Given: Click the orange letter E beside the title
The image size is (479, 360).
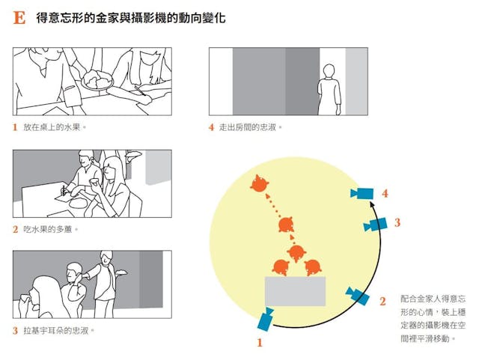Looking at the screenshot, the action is (x=19, y=18).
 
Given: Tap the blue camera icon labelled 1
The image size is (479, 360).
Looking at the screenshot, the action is (x=265, y=320).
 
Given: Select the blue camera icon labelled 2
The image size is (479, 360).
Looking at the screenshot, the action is (x=357, y=296).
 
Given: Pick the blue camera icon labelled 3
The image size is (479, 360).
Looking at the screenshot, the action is (x=376, y=225).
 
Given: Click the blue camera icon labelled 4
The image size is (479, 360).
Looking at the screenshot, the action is (x=362, y=193).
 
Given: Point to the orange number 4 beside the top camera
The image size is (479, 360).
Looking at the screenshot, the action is (x=385, y=193).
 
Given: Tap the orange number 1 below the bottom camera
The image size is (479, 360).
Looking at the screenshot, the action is (x=260, y=343).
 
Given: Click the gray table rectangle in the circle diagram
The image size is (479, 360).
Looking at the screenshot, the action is (x=295, y=292).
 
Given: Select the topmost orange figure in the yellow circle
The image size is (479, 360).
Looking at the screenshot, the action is (x=260, y=183).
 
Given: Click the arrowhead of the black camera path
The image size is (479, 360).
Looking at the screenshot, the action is (x=372, y=204).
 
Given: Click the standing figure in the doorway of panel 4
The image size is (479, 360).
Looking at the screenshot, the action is (x=329, y=90).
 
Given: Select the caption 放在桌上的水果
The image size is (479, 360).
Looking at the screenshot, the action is (x=52, y=127).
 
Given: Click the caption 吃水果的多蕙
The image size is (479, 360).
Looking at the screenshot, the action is (x=48, y=229).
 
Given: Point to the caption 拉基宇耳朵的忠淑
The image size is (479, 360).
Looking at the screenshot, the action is (x=56, y=331).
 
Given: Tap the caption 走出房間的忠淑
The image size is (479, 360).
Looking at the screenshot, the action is (x=247, y=127).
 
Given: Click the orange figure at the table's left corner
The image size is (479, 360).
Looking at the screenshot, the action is (x=281, y=267).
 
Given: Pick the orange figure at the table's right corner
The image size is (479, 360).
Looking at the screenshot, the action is (x=313, y=267).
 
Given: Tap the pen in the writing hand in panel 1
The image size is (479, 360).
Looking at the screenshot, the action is (x=140, y=91).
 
